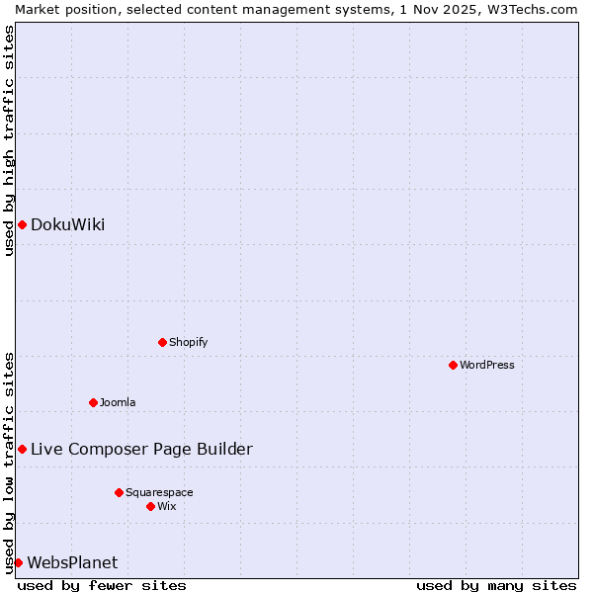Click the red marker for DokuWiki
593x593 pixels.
(22, 224)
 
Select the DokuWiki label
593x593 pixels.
(67, 224)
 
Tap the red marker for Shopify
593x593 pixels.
(162, 342)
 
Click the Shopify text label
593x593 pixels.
(188, 342)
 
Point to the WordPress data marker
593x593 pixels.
(453, 365)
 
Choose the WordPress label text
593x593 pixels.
(486, 365)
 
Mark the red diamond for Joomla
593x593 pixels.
(93, 402)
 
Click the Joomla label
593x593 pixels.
(118, 402)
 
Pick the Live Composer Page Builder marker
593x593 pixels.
(22, 449)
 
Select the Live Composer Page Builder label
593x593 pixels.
(141, 449)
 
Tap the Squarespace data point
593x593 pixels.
(119, 492)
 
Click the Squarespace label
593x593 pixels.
(159, 492)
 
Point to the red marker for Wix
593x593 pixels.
(150, 506)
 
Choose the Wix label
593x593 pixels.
(166, 506)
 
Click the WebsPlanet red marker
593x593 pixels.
(18, 562)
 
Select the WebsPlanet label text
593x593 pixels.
(72, 562)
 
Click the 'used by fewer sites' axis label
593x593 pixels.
(102, 585)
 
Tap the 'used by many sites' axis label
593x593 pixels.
(496, 585)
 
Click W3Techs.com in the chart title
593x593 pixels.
(530, 9)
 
